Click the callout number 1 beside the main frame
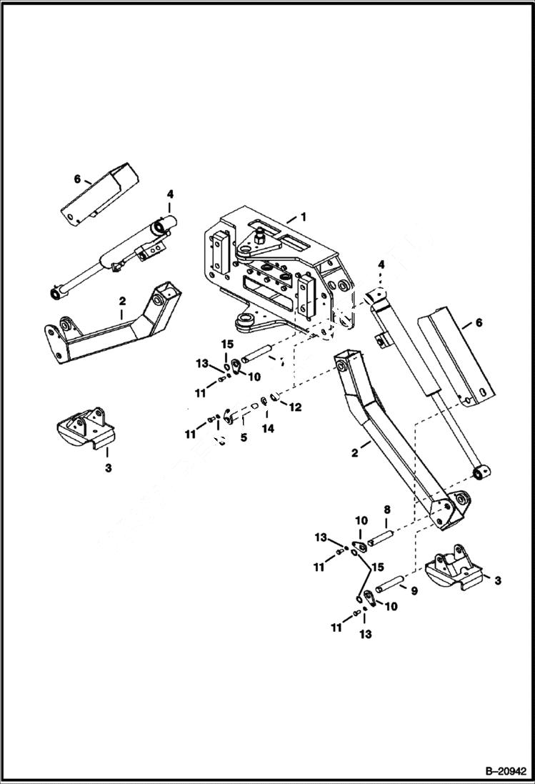click(x=303, y=217)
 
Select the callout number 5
click(x=244, y=437)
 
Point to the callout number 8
click(x=386, y=510)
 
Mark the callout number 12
click(x=295, y=407)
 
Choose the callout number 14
click(x=268, y=429)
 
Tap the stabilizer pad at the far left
click(x=85, y=432)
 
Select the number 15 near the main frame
click(x=226, y=344)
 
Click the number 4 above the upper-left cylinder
click(x=170, y=194)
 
